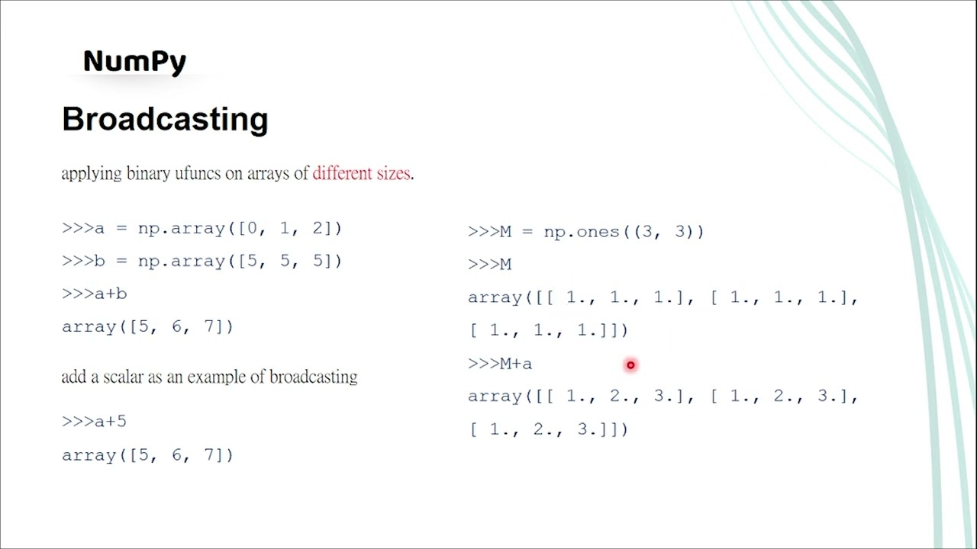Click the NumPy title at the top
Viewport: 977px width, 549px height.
click(x=134, y=61)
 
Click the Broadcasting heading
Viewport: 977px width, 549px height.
click(x=165, y=120)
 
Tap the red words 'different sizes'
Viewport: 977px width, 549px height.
click(x=362, y=173)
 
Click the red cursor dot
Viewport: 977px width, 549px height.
click(x=630, y=365)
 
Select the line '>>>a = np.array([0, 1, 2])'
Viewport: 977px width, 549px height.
click(x=202, y=228)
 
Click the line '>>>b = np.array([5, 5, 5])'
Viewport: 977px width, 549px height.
click(x=202, y=261)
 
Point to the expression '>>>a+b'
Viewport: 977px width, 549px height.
click(x=94, y=294)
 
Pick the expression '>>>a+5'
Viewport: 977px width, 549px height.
click(x=94, y=421)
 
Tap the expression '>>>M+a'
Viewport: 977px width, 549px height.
click(x=500, y=364)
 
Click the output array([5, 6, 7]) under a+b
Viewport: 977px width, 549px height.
click(x=147, y=326)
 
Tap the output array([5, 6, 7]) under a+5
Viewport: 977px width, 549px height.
click(x=147, y=455)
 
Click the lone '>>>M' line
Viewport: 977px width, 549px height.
click(x=489, y=265)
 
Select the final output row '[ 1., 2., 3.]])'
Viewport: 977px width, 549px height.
click(x=549, y=429)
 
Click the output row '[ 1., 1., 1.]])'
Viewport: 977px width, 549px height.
click(x=549, y=330)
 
